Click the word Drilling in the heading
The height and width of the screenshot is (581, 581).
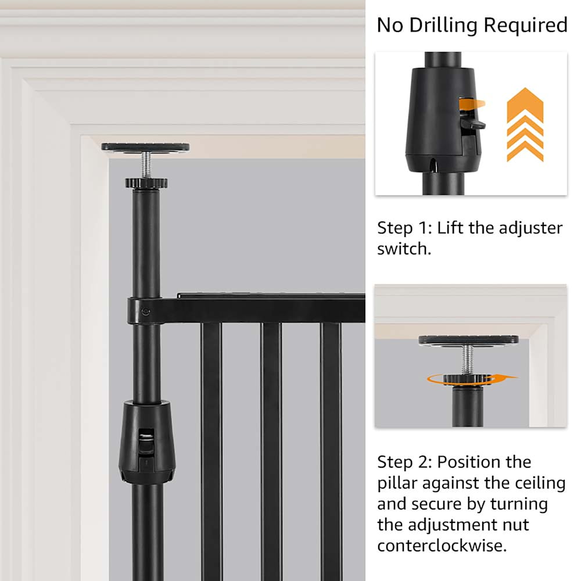pyautogui.click(x=443, y=26)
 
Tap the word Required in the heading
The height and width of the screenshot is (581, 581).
pyautogui.click(x=525, y=25)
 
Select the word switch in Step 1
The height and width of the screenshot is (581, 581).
pyautogui.click(x=404, y=249)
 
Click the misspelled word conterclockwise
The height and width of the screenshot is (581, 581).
pyautogui.click(x=442, y=546)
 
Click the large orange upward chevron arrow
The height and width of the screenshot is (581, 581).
pyautogui.click(x=525, y=124)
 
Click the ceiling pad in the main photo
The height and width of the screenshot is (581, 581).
pyautogui.click(x=145, y=147)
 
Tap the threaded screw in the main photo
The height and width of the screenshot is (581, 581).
pyautogui.click(x=146, y=165)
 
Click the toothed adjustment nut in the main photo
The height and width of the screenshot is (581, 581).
pyautogui.click(x=146, y=183)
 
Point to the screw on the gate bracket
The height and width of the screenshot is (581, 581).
pyautogui.click(x=146, y=311)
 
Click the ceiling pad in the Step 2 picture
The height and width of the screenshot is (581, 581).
pyautogui.click(x=469, y=340)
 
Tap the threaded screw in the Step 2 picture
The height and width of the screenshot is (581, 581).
pyautogui.click(x=468, y=360)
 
